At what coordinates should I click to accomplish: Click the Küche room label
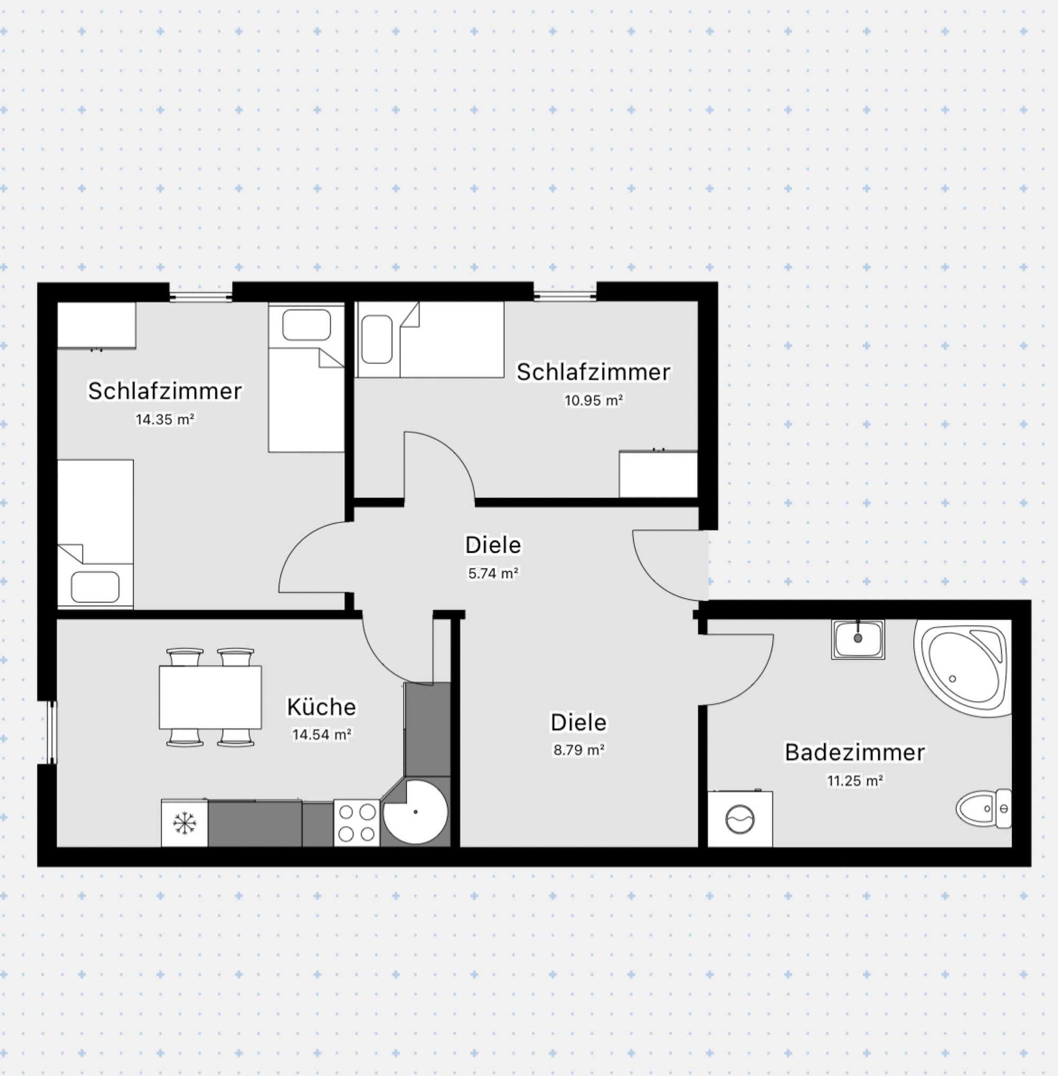[321, 707]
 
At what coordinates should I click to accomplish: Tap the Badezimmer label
[855, 753]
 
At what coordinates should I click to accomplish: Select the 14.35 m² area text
[165, 419]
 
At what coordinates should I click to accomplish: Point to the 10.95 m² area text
[594, 400]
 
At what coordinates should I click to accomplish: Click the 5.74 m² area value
[494, 573]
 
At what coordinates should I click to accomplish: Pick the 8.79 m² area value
[578, 749]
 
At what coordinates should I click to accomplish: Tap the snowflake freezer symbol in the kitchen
[184, 823]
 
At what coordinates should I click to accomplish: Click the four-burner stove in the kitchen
[357, 823]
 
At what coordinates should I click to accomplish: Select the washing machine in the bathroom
[740, 819]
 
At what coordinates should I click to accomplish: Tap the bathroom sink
[858, 639]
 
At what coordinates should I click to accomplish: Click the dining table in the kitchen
[210, 697]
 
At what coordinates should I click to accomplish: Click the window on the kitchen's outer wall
[52, 733]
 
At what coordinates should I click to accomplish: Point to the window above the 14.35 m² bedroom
[200, 296]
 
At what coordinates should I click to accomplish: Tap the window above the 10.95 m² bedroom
[565, 296]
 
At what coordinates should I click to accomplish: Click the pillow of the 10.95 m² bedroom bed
[377, 339]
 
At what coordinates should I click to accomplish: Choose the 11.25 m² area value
[855, 781]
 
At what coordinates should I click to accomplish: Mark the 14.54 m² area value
[321, 735]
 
